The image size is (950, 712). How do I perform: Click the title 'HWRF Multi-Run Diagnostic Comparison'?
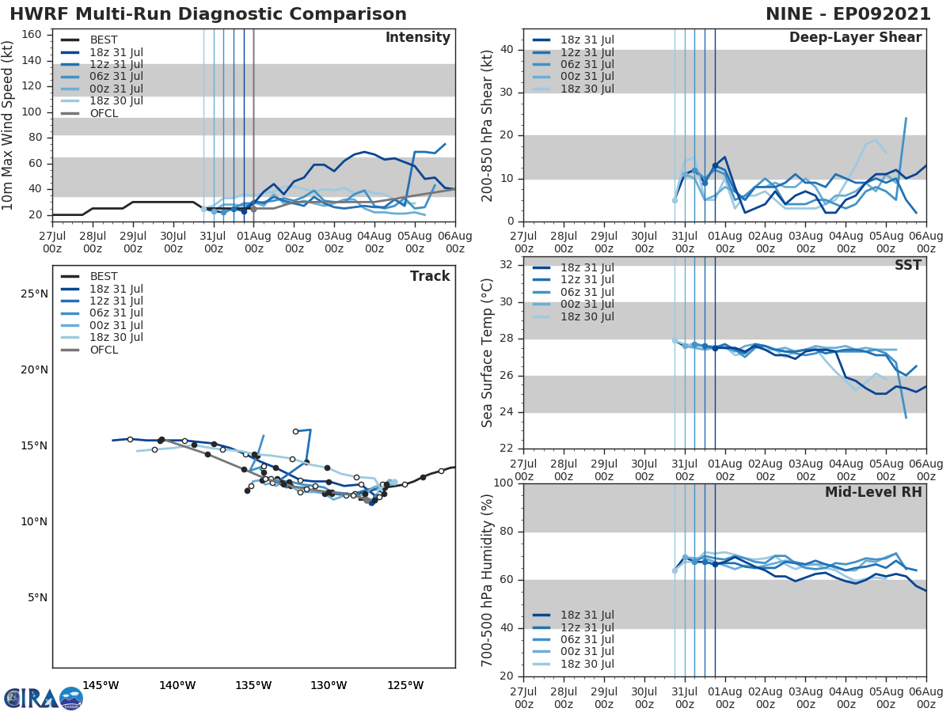208,14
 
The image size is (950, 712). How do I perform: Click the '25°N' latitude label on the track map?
33,294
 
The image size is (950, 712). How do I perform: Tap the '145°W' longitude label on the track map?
101,685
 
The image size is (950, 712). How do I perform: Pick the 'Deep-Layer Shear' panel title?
855,38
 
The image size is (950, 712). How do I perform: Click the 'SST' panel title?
907,265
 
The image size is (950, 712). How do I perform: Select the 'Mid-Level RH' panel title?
873,492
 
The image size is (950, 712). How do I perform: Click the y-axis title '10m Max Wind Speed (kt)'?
9,125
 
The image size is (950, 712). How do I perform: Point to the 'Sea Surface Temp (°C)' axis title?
488,352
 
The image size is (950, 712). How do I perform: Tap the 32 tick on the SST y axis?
507,266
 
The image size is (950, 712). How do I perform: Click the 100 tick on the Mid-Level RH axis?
504,483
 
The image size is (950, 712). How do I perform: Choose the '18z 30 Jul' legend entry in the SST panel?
585,316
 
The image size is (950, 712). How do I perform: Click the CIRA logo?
44,698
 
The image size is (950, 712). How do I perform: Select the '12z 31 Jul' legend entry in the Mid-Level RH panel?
585,627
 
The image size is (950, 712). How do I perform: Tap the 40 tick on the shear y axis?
507,50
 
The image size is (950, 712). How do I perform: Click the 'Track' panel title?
430,276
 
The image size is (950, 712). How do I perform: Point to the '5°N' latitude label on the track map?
36,598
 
